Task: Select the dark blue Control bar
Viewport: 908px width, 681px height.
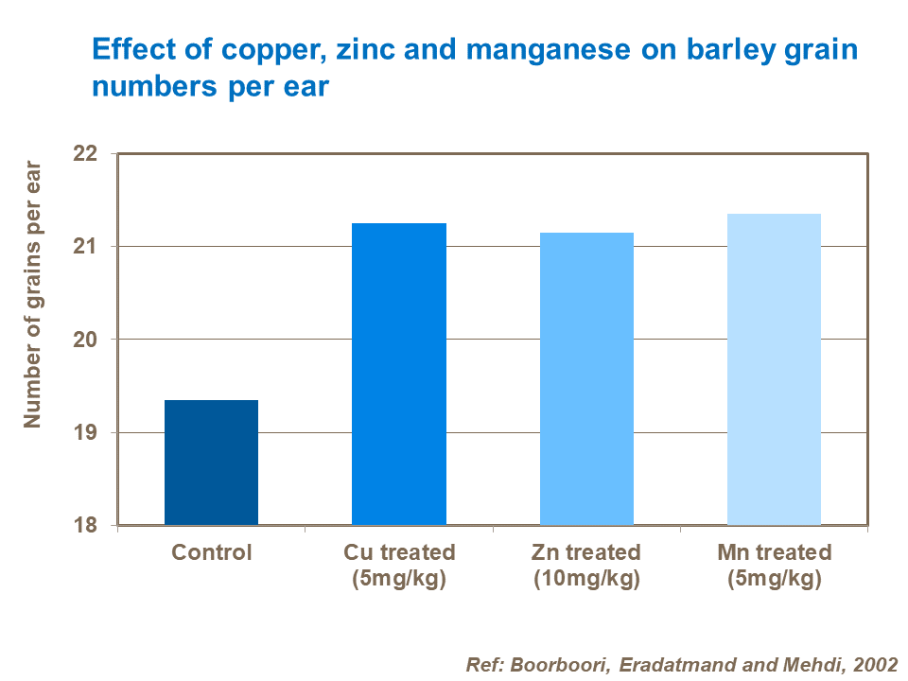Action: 211,463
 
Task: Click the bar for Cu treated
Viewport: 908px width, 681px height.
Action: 398,374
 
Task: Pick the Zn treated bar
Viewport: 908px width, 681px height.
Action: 586,378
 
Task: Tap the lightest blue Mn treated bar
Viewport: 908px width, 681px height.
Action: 774,369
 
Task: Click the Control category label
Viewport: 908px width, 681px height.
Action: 211,552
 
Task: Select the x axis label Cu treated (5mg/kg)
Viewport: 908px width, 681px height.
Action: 398,565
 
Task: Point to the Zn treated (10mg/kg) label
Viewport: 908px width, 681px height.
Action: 586,565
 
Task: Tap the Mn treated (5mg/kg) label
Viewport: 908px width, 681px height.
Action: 774,565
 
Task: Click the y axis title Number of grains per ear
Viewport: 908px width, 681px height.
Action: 33,294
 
